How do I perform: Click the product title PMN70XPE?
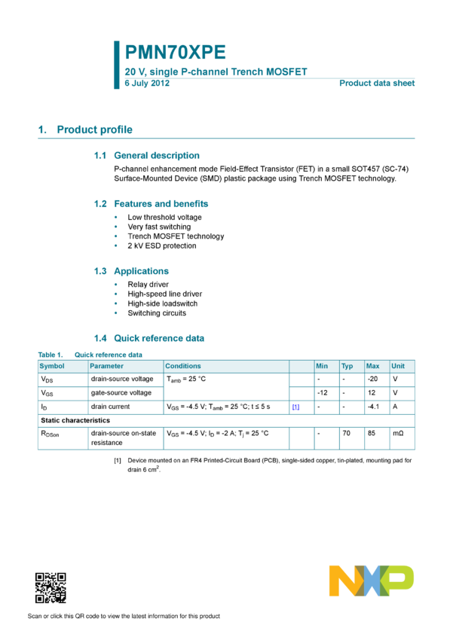[175, 52]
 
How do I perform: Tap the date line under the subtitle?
[147, 83]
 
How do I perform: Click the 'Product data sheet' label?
[377, 83]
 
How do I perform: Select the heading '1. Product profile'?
[85, 130]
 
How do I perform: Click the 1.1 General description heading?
[147, 155]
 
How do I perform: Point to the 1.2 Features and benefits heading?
[152, 204]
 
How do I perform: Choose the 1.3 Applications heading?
[132, 271]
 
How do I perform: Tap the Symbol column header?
[52, 366]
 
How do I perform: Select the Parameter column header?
[106, 366]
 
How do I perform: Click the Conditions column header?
[183, 366]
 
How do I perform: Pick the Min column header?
[322, 366]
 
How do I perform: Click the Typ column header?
[347, 366]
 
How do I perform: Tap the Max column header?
[372, 366]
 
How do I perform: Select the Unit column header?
[398, 366]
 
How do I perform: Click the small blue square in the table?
[296, 407]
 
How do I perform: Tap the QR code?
[51, 588]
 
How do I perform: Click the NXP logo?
[371, 581]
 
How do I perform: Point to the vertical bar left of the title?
[116, 65]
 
